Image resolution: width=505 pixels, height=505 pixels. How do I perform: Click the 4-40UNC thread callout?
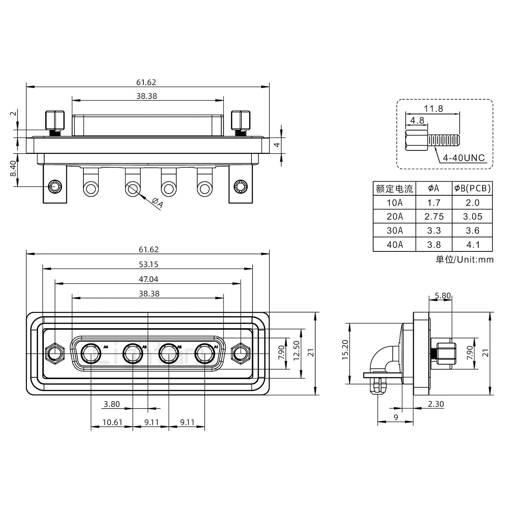[464, 158]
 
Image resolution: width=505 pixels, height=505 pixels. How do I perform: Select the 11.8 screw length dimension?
[434, 108]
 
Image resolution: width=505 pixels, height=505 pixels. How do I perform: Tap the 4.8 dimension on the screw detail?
[417, 120]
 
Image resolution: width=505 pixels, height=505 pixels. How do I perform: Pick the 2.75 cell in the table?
[434, 216]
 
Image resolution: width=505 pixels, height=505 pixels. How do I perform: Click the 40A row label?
[395, 244]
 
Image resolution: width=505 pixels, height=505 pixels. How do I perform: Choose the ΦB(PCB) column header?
[472, 188]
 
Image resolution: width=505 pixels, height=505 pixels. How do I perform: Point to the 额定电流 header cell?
[395, 189]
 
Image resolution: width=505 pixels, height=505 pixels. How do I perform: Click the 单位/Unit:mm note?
[464, 260]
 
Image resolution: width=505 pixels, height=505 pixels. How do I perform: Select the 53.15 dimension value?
[148, 264]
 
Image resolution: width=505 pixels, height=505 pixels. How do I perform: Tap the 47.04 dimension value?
[148, 279]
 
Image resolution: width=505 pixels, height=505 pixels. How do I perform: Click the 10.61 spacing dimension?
[112, 422]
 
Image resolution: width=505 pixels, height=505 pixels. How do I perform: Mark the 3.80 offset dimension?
[112, 404]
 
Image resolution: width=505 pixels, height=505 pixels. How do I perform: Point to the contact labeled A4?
[91, 353]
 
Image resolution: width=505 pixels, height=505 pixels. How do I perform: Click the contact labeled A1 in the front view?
[205, 353]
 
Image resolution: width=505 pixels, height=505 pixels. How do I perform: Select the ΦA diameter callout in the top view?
[157, 203]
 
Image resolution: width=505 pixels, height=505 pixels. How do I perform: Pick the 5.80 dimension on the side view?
[442, 296]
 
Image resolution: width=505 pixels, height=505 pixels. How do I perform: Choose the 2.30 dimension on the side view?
[436, 404]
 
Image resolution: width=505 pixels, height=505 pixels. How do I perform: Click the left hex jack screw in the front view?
[54, 353]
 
